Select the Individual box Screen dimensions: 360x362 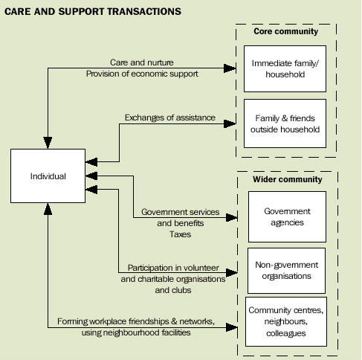click(48, 176)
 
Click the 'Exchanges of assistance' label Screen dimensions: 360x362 click(170, 117)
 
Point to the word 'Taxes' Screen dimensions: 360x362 click(181, 233)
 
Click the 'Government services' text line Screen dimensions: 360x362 click(181, 212)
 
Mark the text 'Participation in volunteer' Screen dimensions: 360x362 click(173, 267)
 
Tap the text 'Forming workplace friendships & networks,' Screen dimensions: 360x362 click(135, 321)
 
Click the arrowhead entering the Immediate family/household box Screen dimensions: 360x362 click(241, 69)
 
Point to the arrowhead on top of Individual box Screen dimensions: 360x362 click(48, 144)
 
